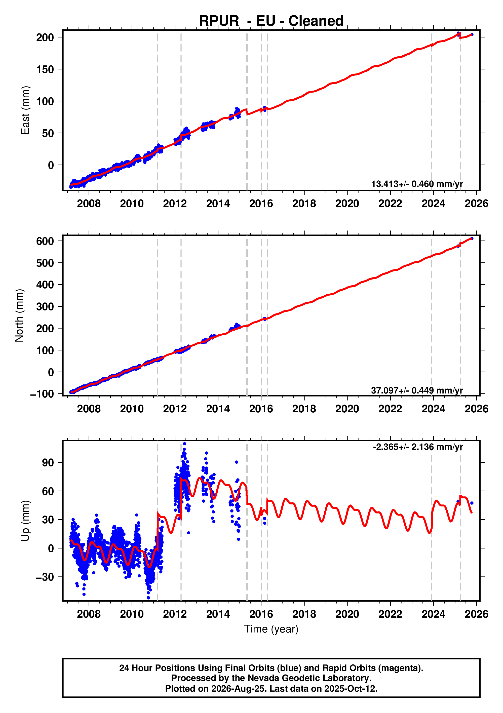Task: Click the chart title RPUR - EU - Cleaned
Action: (x=271, y=21)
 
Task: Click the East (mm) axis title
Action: (x=25, y=110)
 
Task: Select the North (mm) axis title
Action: (x=19, y=315)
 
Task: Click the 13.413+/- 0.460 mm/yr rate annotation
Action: (x=417, y=184)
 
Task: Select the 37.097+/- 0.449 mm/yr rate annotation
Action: (x=417, y=390)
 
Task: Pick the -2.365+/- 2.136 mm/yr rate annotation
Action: (x=418, y=447)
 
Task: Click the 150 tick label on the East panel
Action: (x=45, y=69)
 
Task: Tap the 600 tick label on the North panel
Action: (x=45, y=241)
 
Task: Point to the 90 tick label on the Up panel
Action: (x=48, y=463)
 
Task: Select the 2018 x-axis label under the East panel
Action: (x=304, y=204)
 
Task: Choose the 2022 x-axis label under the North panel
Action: (x=390, y=409)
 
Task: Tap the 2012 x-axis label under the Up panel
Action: (x=175, y=614)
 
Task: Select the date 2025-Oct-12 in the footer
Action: (x=351, y=689)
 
